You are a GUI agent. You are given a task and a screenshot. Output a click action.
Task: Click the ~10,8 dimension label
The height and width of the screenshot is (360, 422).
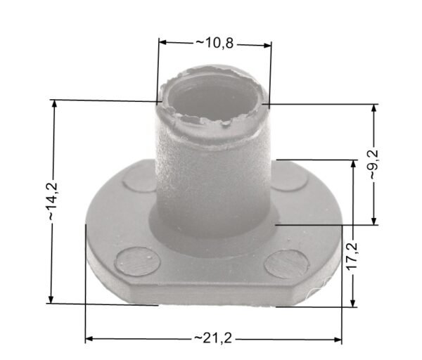point(215,43)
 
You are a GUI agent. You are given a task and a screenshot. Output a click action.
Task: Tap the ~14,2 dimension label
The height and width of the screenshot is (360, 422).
point(52,201)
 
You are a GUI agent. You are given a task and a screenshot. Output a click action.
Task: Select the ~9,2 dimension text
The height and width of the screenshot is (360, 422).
point(374,165)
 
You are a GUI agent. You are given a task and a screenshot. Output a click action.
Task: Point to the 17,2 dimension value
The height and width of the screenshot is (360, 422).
point(352,256)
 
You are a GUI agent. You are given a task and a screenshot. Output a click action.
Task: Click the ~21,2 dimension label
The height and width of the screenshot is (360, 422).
point(212,338)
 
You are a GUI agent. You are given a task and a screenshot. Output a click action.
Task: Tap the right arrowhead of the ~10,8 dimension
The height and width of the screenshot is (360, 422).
point(267,45)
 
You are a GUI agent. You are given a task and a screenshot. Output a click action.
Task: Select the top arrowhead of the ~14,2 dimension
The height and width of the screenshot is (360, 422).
point(54,104)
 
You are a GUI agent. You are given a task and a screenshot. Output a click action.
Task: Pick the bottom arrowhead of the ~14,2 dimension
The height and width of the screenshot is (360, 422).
point(51,300)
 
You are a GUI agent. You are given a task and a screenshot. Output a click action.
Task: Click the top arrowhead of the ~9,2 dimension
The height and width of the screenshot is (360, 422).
point(374,108)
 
